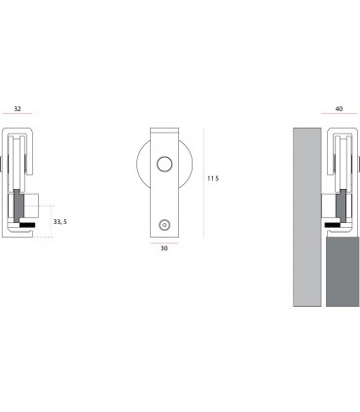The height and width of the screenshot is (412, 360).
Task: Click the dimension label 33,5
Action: pos(60,222)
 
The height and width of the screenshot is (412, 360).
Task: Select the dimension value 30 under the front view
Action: pos(164,247)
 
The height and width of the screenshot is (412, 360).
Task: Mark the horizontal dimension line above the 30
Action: pos(164,240)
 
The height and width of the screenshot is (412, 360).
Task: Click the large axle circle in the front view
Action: pos(165,165)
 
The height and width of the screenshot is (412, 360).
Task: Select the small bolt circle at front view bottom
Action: pos(164,224)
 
